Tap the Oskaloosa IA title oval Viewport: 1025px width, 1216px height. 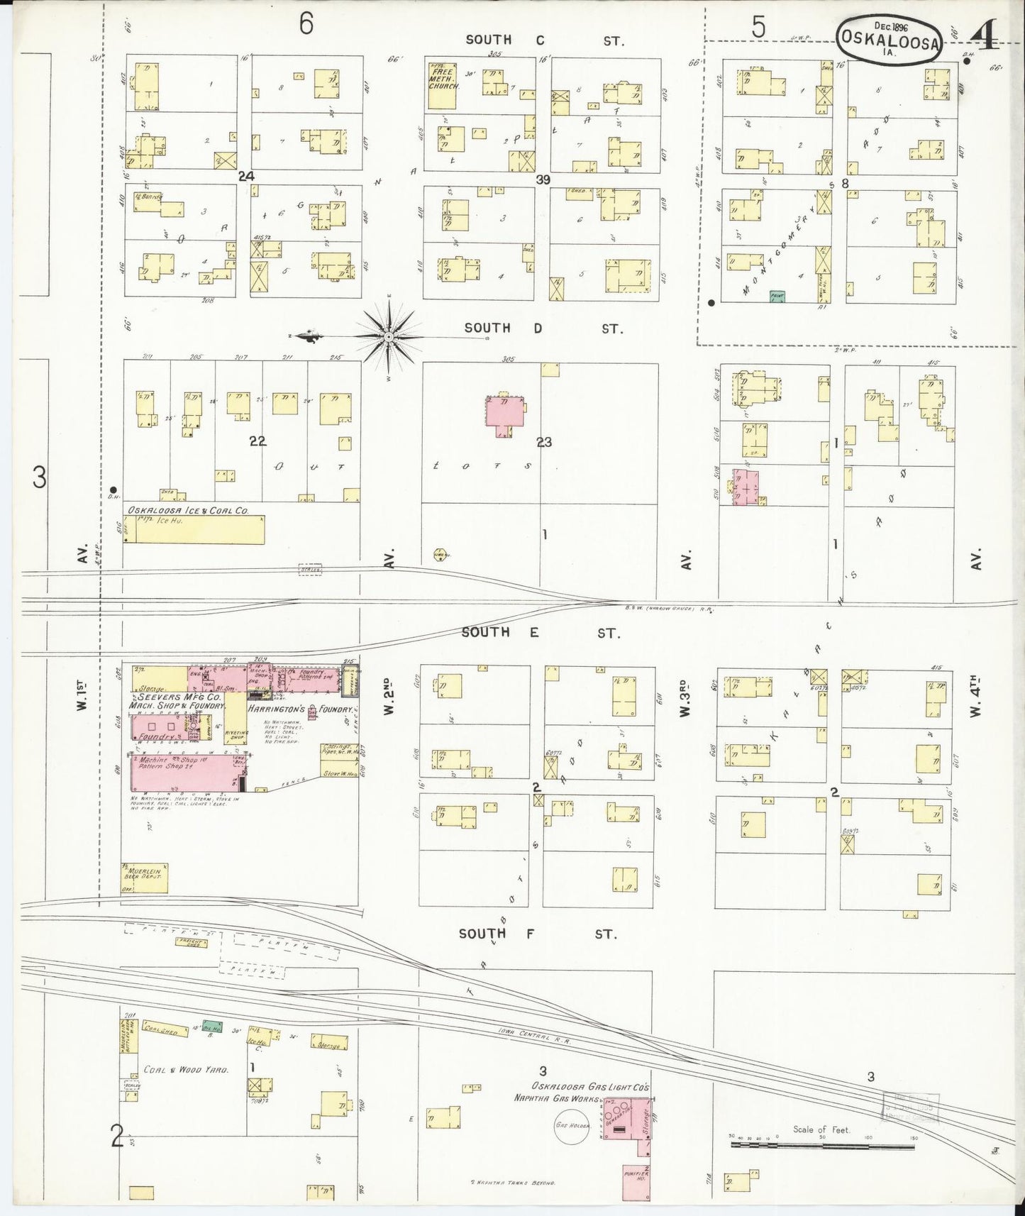click(x=890, y=40)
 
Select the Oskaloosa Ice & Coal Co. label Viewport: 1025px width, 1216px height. click(x=188, y=510)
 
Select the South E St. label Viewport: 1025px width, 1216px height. click(x=540, y=632)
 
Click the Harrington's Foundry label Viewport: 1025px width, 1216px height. click(x=299, y=709)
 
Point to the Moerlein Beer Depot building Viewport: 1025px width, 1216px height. click(x=145, y=878)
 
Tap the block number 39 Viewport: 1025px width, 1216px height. click(x=543, y=180)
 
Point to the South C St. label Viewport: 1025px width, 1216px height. click(x=544, y=40)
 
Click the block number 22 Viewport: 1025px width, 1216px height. click(x=257, y=441)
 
